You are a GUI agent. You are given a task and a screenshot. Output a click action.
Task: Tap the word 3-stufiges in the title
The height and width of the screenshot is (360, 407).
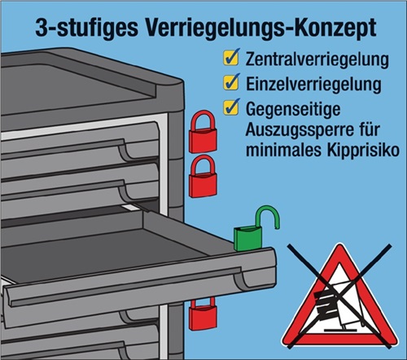pyautogui.click(x=86, y=29)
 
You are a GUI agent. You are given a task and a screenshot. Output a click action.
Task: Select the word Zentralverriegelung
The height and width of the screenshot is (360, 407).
pyautogui.click(x=317, y=60)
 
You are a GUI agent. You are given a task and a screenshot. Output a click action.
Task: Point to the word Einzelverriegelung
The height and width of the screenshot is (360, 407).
pyautogui.click(x=313, y=84)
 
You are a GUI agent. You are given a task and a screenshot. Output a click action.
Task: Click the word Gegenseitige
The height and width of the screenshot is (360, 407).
pyautogui.click(x=293, y=109)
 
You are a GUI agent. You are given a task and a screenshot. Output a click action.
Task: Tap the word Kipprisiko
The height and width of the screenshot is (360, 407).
pyautogui.click(x=363, y=150)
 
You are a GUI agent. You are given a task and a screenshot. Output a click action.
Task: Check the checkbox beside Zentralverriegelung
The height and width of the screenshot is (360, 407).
pyautogui.click(x=231, y=57)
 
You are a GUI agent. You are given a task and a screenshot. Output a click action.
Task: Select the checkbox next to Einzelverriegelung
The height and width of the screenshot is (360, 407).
pyautogui.click(x=231, y=81)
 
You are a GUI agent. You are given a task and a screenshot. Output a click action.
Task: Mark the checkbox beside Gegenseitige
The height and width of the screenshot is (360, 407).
pyautogui.click(x=231, y=107)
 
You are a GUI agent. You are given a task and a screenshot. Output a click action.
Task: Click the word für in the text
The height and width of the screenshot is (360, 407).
pyautogui.click(x=370, y=130)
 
